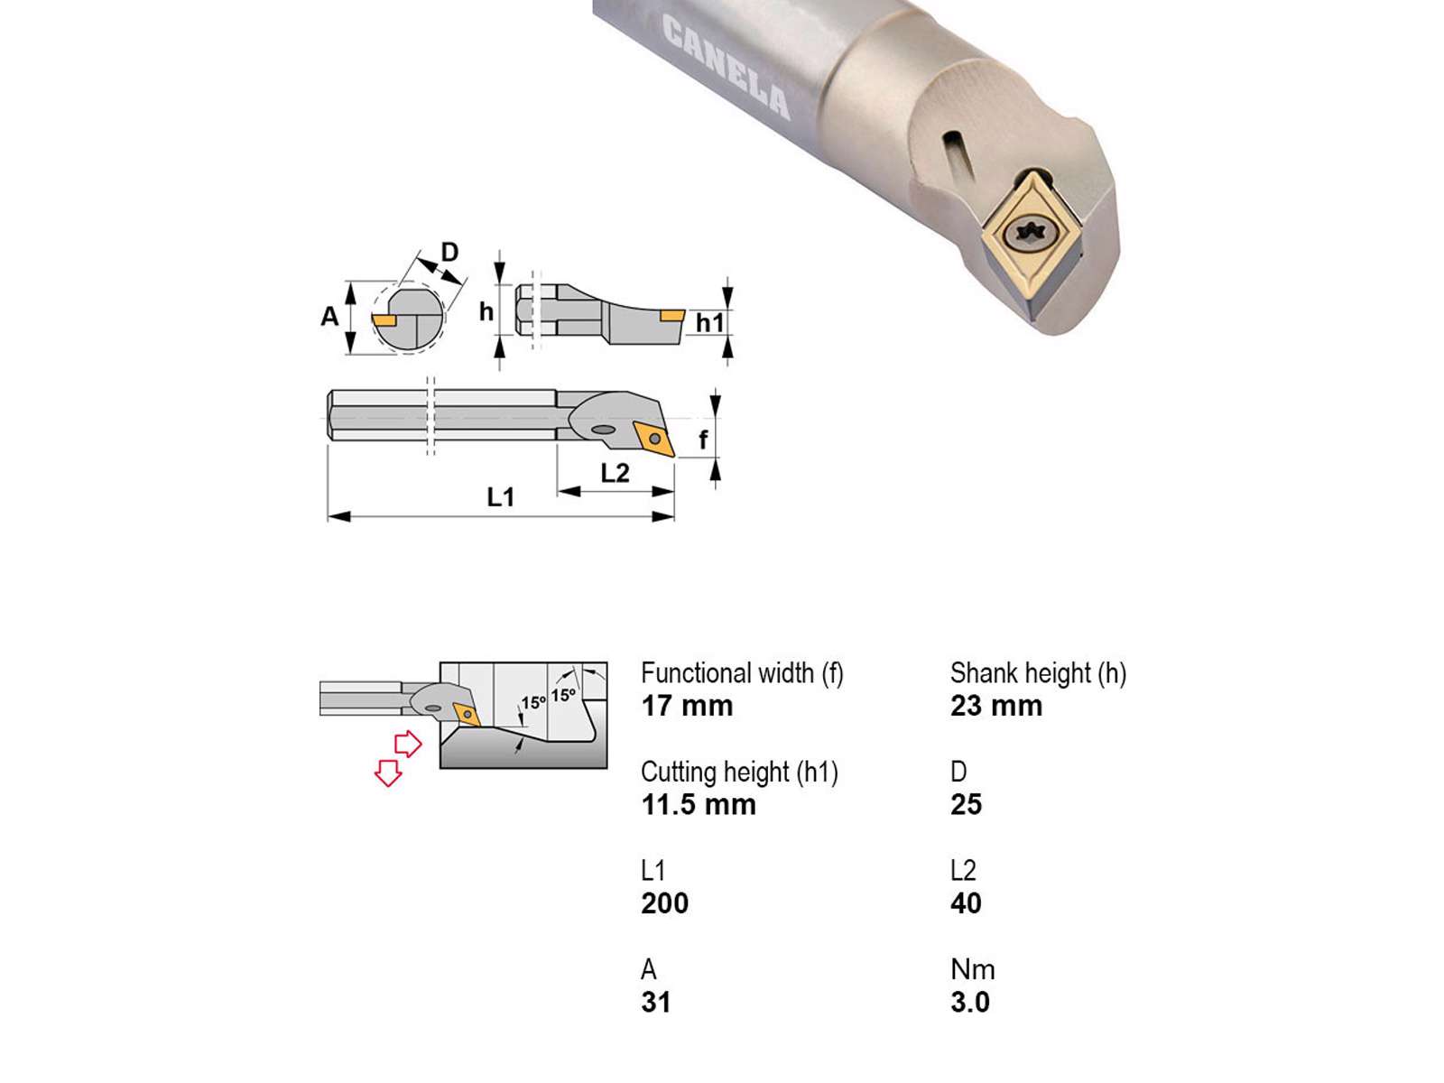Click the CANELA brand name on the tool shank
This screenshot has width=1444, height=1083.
[726, 67]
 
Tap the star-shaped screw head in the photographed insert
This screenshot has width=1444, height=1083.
[1028, 231]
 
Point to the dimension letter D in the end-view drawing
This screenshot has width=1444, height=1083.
[449, 252]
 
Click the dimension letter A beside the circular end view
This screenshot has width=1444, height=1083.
[329, 316]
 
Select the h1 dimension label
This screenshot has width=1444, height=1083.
[710, 323]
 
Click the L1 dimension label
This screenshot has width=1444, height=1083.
[501, 497]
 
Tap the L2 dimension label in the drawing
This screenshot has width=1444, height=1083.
[616, 473]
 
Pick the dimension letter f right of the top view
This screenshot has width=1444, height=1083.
[703, 440]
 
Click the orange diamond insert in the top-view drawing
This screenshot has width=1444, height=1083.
[654, 439]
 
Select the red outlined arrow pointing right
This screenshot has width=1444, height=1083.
[408, 744]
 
